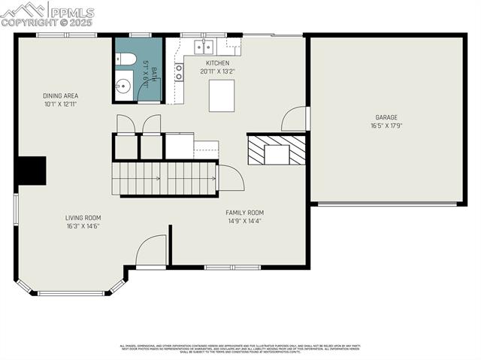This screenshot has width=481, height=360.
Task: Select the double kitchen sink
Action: coord(203,45)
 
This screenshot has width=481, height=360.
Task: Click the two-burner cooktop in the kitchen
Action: coord(179,72)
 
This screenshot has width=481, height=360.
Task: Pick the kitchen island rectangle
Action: coord(221,95)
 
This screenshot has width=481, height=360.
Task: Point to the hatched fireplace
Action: coord(277,149)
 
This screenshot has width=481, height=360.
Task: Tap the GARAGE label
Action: coord(386,117)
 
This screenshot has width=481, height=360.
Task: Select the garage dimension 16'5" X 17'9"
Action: coord(386,126)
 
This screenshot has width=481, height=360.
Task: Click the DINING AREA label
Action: coord(61,96)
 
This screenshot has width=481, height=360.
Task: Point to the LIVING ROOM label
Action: coord(83,218)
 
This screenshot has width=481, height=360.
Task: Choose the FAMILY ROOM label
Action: coord(245,213)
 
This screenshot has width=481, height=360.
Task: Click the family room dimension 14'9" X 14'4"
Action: coord(245,221)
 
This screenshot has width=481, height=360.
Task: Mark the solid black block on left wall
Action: coord(31,171)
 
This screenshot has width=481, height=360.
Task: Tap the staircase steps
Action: coord(165,179)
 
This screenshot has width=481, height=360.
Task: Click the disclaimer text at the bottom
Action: coord(240,349)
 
